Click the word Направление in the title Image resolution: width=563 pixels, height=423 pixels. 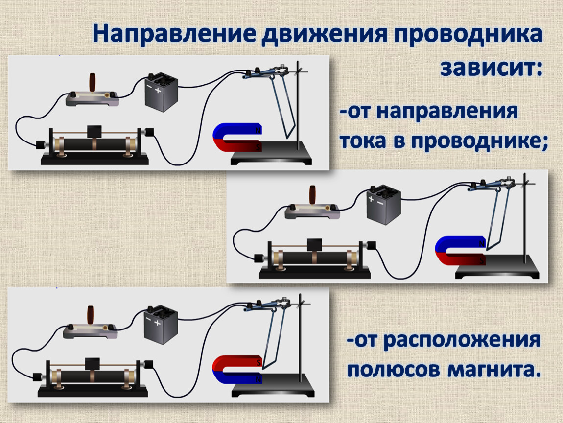(175, 34)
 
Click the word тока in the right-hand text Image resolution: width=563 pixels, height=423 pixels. (362, 141)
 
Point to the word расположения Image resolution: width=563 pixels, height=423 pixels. (462, 340)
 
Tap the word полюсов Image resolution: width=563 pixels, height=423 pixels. (393, 370)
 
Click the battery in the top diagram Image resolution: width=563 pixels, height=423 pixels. (161, 92)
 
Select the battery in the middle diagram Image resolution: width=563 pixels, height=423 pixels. (383, 205)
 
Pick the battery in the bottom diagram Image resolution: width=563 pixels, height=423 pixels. (161, 324)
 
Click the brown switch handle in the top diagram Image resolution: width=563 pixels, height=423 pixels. (93, 83)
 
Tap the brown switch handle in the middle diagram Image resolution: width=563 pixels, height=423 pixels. (312, 195)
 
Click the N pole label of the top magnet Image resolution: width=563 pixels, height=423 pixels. (258, 130)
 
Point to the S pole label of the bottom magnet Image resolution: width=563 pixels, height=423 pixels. (258, 363)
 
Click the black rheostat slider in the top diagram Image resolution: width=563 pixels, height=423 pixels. (94, 131)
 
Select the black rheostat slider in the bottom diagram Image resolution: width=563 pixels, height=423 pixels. (92, 364)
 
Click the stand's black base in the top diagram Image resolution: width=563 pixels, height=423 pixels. (271, 155)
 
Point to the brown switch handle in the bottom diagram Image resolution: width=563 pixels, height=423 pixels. (90, 315)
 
